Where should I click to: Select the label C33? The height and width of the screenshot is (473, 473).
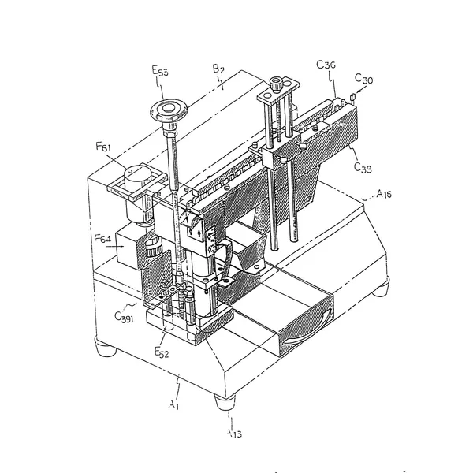363,167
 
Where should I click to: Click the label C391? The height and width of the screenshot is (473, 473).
125,318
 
